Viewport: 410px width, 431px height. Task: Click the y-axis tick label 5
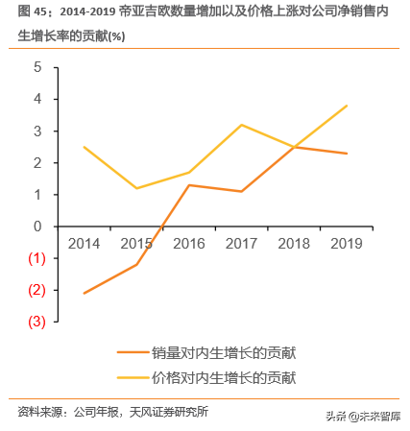coord(37,67)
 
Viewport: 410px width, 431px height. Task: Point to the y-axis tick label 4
coord(37,99)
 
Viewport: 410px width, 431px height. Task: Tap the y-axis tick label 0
coord(37,227)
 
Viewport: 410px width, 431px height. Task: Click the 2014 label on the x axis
coord(84,244)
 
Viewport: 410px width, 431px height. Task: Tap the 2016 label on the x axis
coord(188,244)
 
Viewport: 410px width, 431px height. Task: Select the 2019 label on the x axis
coord(345,244)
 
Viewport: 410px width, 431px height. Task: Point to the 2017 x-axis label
coord(240,244)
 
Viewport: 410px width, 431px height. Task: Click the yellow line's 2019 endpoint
coord(346,106)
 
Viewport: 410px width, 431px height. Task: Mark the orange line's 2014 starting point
coord(84,293)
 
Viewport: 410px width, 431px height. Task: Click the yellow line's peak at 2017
coord(240,125)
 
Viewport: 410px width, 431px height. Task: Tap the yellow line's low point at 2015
coord(136,188)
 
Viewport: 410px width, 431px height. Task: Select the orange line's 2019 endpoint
coord(346,154)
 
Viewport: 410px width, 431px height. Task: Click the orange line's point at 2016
coord(188,184)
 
